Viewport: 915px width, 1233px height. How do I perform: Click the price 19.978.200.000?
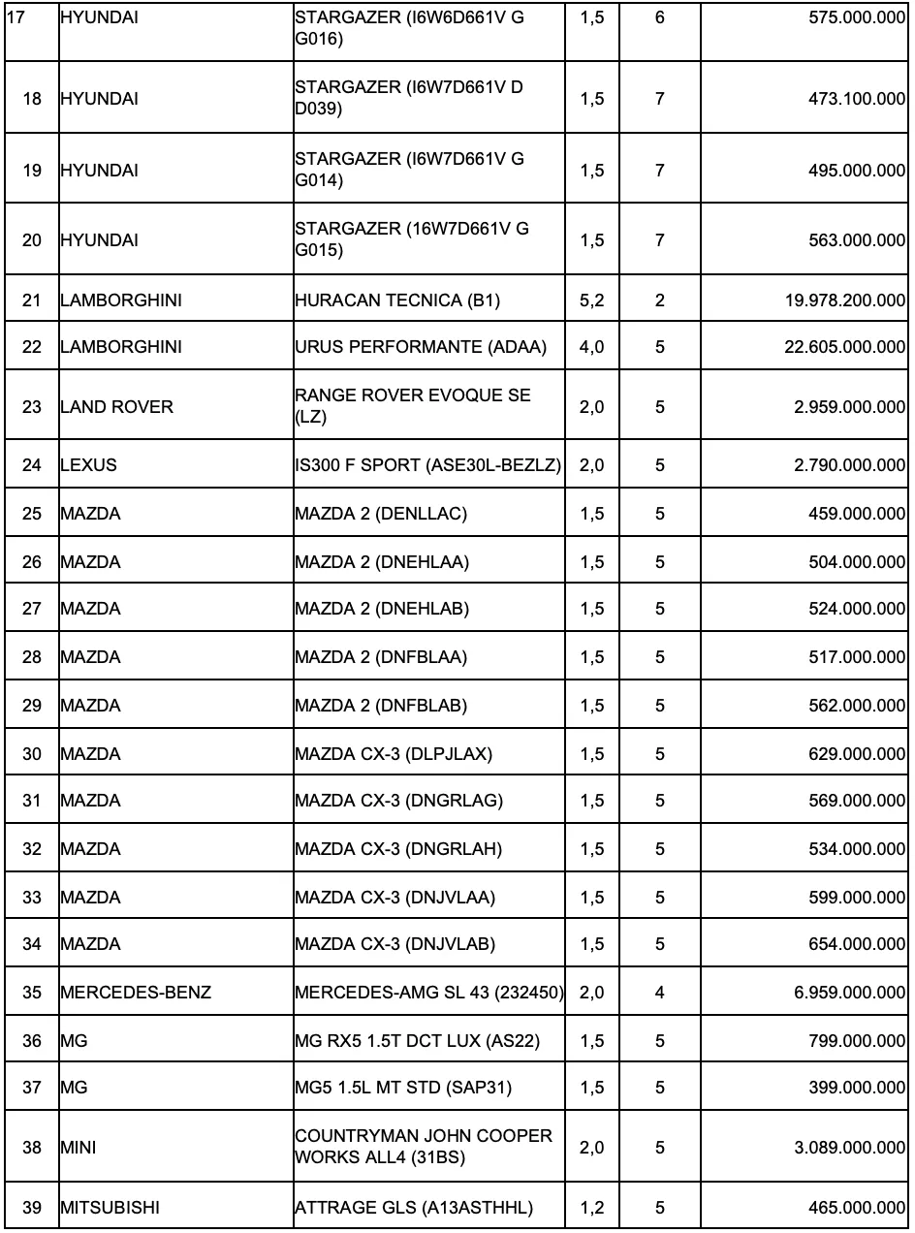point(845,300)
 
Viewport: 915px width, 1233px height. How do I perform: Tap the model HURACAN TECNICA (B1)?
point(397,300)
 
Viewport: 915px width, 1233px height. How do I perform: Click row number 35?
point(32,994)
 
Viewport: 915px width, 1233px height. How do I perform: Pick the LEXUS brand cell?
point(88,465)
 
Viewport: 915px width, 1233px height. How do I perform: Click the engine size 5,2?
point(591,300)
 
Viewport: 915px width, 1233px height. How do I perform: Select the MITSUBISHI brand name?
point(110,1208)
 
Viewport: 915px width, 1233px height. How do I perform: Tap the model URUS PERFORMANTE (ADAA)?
point(420,347)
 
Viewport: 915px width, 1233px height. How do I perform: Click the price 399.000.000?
point(857,1089)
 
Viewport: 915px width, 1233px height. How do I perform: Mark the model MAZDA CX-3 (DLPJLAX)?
point(394,754)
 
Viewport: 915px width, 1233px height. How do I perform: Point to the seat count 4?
point(660,994)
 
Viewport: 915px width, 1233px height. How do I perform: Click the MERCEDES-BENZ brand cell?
point(136,994)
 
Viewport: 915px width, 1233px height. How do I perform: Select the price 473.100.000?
point(857,99)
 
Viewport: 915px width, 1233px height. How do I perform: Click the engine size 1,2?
point(591,1208)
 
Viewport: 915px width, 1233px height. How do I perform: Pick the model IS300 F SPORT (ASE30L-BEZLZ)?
point(428,465)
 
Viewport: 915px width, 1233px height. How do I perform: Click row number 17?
point(16,17)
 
